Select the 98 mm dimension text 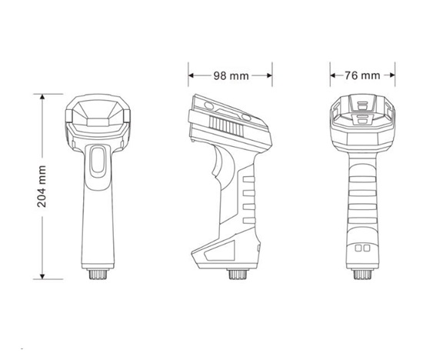click(x=230, y=75)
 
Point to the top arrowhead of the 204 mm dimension click(x=42, y=95)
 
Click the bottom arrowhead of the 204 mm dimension click(x=42, y=276)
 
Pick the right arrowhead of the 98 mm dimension click(x=269, y=75)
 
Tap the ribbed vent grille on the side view click(x=225, y=121)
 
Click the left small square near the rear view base click(x=359, y=250)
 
